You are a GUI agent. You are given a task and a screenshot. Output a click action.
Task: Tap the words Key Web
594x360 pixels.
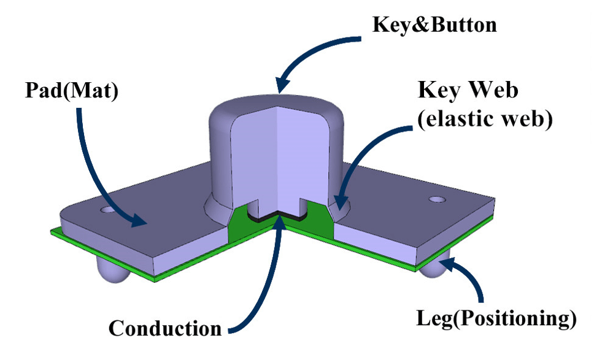tap(468, 91)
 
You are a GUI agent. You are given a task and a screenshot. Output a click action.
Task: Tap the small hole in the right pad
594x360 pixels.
tap(438, 199)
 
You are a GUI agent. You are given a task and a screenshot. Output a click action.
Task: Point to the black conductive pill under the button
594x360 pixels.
tap(276, 216)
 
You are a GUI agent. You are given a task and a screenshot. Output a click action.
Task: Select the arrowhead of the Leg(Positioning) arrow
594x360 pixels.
tap(445, 262)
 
